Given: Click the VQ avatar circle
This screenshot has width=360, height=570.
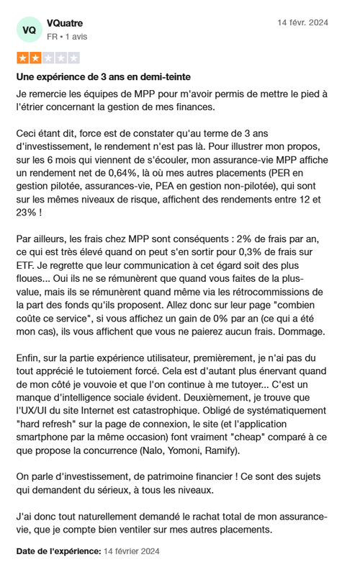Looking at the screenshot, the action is coord(29,30).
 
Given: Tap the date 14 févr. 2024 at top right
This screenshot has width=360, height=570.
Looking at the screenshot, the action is coord(302,23).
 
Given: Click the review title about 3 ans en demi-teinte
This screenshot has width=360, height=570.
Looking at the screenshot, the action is coord(104,76).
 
